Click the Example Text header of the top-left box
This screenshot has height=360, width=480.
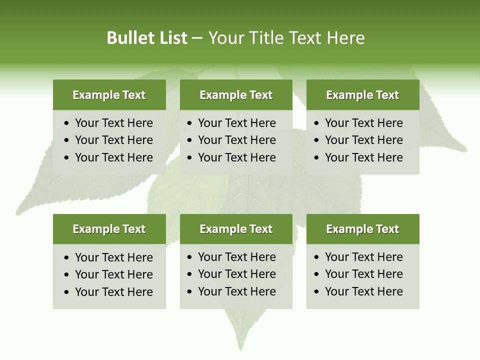(109, 95)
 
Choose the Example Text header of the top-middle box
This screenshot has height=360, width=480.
(236, 95)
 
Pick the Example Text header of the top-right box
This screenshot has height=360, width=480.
(362, 95)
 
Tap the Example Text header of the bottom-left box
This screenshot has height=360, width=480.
(109, 229)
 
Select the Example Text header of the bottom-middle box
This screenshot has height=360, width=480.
(236, 229)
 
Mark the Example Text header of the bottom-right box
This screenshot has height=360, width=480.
(362, 229)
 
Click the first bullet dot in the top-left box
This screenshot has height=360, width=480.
(67, 123)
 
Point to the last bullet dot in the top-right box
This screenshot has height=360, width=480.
(317, 158)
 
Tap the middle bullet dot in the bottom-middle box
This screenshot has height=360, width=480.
(190, 274)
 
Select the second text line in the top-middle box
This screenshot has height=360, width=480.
(236, 140)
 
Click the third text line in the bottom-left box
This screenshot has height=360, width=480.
(113, 292)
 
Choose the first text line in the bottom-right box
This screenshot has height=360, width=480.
(363, 257)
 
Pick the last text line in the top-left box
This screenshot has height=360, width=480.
(113, 157)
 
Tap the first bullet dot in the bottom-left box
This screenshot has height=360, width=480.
(67, 258)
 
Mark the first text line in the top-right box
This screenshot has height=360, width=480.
(363, 123)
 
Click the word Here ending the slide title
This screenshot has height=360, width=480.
(345, 38)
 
